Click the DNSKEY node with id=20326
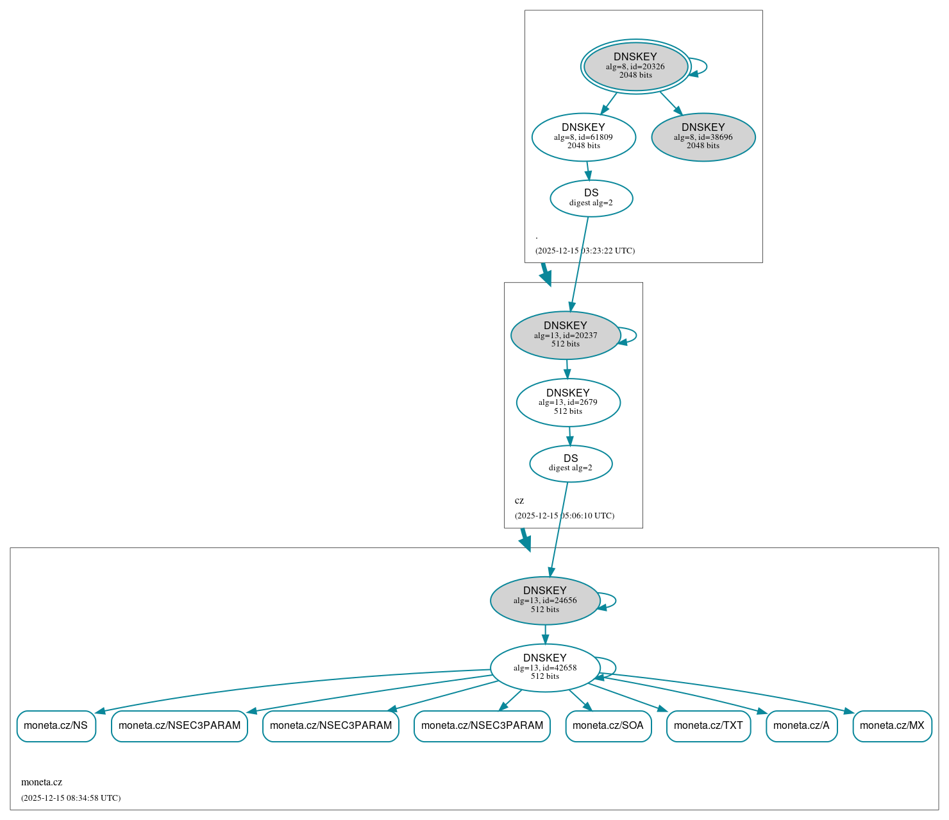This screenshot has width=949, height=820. (x=635, y=66)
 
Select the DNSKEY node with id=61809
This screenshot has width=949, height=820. (x=584, y=137)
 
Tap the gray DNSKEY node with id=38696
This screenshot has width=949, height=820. (x=703, y=137)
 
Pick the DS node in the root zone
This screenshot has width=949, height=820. (x=591, y=198)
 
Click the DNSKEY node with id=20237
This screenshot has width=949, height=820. (x=566, y=335)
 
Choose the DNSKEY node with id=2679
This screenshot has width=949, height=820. (x=568, y=402)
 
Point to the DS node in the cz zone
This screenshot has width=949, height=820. (x=571, y=463)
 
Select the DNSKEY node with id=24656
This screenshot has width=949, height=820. (x=545, y=601)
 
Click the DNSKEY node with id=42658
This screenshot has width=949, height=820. (x=545, y=668)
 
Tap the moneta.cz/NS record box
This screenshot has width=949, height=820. (x=56, y=726)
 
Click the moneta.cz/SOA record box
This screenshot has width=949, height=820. (x=608, y=726)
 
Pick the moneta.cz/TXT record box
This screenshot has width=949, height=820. (x=708, y=726)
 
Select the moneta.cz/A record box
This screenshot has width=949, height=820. (x=801, y=726)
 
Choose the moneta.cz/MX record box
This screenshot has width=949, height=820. (x=892, y=726)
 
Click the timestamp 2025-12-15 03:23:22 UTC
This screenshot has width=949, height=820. (x=585, y=251)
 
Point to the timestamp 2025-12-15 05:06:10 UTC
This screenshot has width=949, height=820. (x=564, y=516)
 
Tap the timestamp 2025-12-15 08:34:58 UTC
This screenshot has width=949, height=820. (x=71, y=798)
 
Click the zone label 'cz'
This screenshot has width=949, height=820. (x=519, y=500)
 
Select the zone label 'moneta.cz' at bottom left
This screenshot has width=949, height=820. (x=42, y=782)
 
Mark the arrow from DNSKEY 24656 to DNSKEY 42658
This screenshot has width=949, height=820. (x=545, y=634)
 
